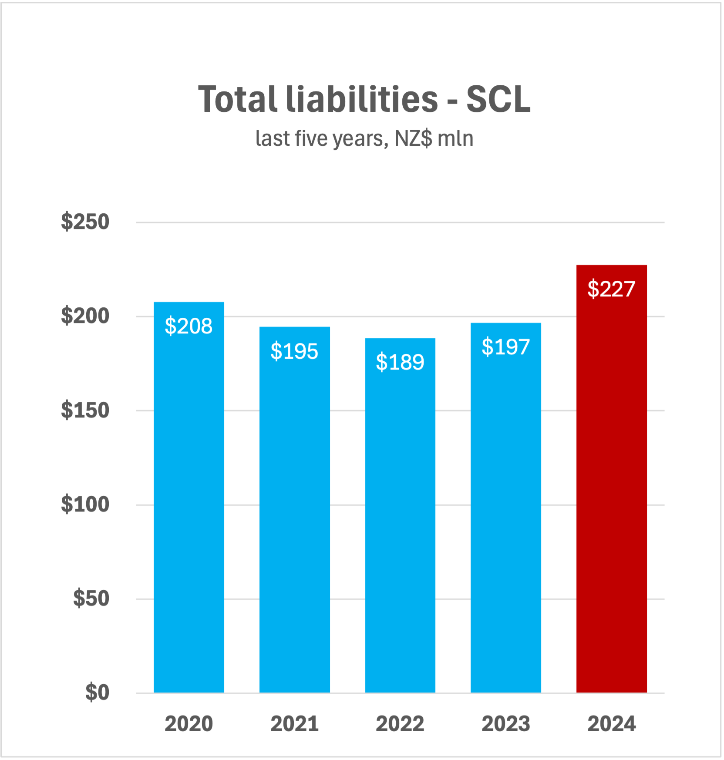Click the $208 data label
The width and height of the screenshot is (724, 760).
click(x=189, y=326)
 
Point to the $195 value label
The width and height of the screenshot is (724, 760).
click(x=294, y=351)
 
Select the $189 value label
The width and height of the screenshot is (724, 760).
click(x=400, y=362)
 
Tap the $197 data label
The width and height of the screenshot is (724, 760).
click(x=505, y=347)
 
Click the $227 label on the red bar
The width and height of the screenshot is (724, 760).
click(x=611, y=289)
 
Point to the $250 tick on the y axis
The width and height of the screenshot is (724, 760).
click(x=85, y=222)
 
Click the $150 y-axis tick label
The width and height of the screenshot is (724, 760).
click(x=85, y=410)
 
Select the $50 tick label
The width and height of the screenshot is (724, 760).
click(x=91, y=599)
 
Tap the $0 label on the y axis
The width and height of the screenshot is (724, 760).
click(x=97, y=693)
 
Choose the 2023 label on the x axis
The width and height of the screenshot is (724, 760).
click(x=506, y=724)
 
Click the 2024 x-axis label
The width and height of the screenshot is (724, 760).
click(x=611, y=724)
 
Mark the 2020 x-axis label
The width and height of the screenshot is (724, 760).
click(x=189, y=724)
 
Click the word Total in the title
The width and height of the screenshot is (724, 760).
click(x=238, y=99)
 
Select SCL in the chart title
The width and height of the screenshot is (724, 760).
click(x=498, y=99)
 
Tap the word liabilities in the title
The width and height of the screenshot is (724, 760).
click(x=362, y=99)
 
